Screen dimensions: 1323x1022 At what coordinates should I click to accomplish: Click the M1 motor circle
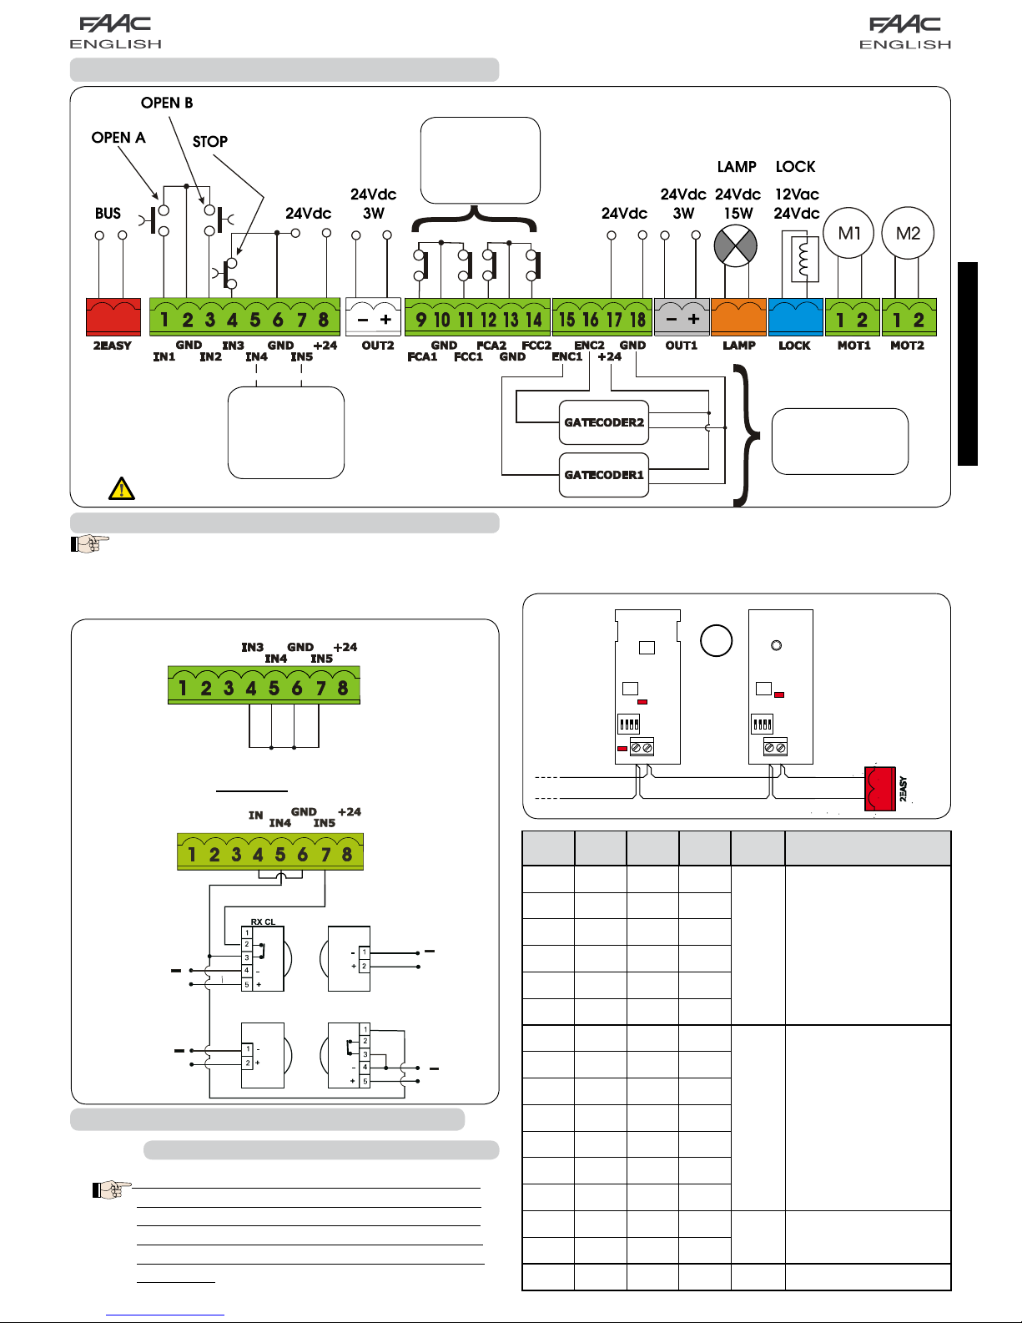(849, 234)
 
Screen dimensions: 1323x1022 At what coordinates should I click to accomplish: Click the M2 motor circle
(908, 234)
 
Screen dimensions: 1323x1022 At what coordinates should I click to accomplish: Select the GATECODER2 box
(604, 422)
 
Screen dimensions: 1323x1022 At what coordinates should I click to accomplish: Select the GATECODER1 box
(604, 475)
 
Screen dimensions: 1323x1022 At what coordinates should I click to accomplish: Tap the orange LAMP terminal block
(738, 317)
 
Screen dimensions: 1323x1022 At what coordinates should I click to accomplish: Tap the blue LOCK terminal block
(795, 317)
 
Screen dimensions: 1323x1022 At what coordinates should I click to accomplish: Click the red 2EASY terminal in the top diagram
(113, 317)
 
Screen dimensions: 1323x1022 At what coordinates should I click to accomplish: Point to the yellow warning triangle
(122, 488)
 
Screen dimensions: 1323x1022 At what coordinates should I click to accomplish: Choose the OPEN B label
(167, 103)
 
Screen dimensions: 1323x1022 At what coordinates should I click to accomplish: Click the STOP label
(210, 142)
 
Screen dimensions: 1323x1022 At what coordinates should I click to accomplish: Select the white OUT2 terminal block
(374, 317)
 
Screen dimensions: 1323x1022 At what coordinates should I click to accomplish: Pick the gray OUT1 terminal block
(682, 317)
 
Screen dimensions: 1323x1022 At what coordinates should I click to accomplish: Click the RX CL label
(263, 922)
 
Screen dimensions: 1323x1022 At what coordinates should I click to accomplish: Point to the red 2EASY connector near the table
(879, 789)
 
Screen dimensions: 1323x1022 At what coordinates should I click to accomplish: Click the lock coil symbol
(804, 258)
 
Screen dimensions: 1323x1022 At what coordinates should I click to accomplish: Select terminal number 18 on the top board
(638, 320)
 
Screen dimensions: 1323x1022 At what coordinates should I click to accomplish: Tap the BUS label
(108, 214)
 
